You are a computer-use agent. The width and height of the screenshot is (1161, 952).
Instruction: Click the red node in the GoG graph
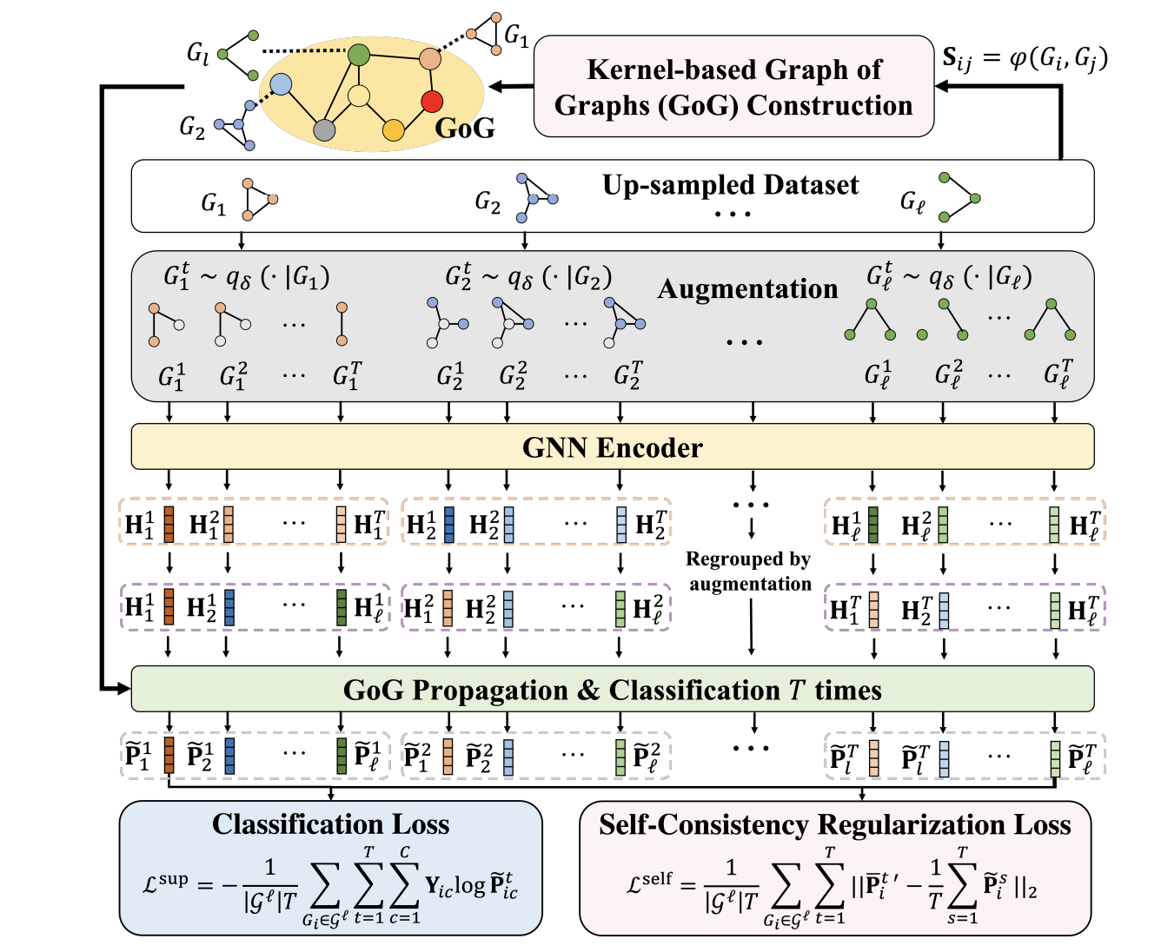432,102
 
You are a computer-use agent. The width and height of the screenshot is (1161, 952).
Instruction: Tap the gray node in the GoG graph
324,130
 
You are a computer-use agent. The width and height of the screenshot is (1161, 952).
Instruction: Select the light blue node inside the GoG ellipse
281,84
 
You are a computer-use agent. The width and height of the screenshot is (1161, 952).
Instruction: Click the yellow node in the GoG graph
394,130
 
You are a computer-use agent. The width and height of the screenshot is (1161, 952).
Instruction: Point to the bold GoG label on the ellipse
465,129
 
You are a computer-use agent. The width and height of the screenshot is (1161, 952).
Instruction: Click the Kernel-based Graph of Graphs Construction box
733,87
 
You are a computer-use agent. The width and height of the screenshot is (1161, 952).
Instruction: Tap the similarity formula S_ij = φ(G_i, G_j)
1025,58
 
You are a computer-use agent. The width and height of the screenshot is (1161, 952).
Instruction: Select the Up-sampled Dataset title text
730,185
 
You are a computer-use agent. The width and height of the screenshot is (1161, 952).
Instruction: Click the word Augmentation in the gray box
747,288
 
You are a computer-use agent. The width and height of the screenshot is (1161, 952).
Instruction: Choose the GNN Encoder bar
612,447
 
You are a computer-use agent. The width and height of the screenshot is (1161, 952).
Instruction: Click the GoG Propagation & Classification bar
612,690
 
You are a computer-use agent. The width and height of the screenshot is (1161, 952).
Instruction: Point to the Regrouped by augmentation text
749,571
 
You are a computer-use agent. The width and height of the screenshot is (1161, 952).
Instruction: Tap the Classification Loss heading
330,823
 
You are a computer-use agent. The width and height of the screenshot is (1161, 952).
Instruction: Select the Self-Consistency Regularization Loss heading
834,823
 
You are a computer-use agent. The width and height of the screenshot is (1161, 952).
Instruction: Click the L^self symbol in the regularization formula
649,883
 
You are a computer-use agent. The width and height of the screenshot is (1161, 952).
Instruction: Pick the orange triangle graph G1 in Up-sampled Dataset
258,200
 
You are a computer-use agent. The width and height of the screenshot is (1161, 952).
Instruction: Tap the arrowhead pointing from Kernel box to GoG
496,87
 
